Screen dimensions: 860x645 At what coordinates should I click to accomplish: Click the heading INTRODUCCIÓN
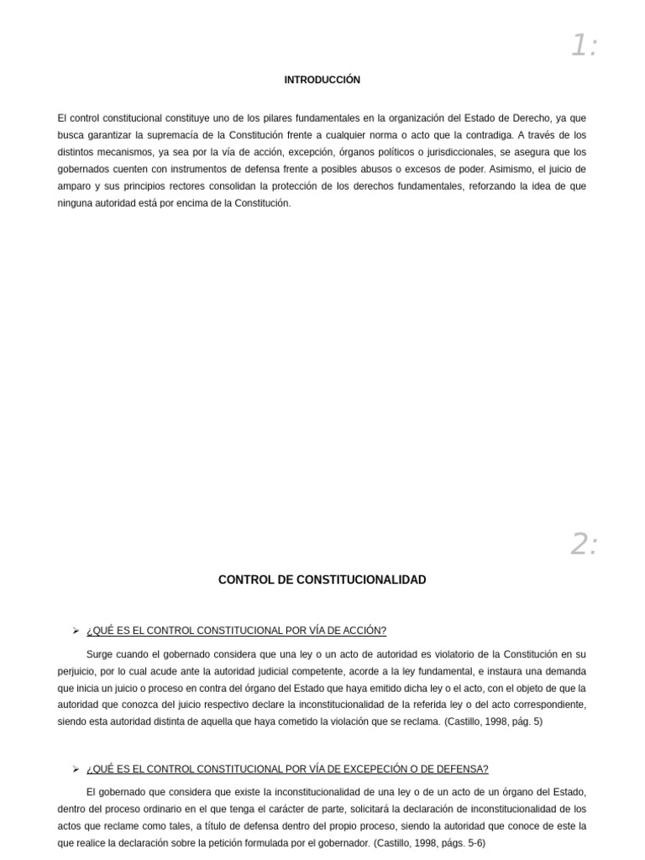click(x=322, y=80)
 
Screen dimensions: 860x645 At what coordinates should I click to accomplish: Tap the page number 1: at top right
click(x=584, y=45)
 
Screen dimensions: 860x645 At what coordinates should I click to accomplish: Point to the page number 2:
click(x=584, y=544)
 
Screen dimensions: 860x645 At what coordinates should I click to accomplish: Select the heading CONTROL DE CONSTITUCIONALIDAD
click(x=322, y=580)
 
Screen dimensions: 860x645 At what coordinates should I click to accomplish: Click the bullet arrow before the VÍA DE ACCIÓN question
click(x=76, y=631)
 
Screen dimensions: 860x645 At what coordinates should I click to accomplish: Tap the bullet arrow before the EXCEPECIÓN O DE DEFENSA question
click(x=76, y=768)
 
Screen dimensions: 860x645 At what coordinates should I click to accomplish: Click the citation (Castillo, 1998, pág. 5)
click(x=493, y=721)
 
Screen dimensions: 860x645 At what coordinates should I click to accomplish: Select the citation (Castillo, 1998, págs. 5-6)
click(x=429, y=842)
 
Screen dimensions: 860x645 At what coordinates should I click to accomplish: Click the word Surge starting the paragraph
click(x=101, y=654)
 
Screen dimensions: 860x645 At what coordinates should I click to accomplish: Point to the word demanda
click(x=565, y=671)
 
